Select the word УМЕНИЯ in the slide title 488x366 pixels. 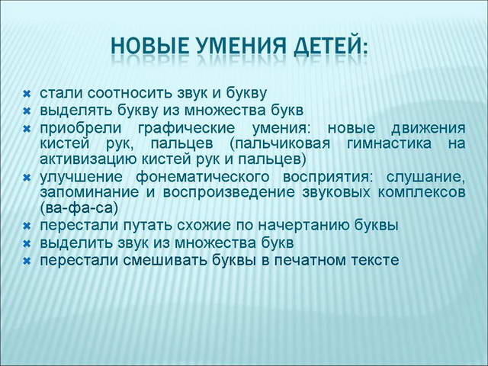click(x=242, y=47)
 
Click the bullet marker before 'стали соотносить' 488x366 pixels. click(x=26, y=94)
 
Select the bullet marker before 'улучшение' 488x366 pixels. click(x=26, y=177)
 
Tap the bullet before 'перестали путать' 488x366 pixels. click(x=26, y=226)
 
